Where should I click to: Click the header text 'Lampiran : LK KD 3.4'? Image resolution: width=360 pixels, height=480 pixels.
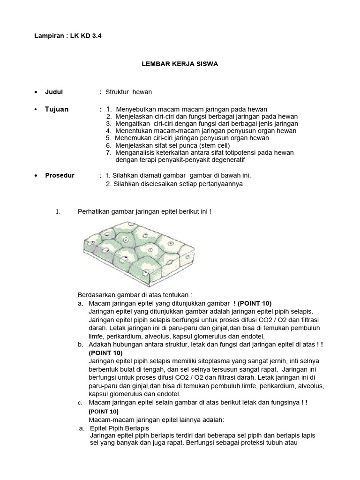[x=68, y=36]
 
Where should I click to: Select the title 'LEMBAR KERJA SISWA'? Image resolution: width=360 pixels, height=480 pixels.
[x=180, y=64]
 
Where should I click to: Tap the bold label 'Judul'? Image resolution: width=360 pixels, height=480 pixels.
[x=53, y=92]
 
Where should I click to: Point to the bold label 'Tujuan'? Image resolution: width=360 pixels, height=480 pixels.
[x=56, y=109]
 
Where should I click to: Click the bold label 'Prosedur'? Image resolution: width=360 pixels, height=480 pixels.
[x=60, y=175]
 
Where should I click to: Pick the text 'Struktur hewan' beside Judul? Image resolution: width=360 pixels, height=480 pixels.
[x=128, y=92]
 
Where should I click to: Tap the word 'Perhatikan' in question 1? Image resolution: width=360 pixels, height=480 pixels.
[x=92, y=212]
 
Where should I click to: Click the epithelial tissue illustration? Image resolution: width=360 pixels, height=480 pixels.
[x=137, y=253]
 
